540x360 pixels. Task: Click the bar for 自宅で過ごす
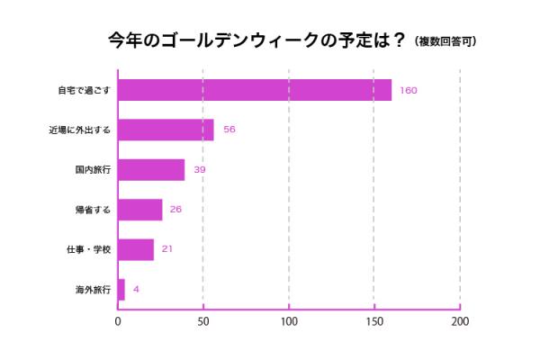click(255, 90)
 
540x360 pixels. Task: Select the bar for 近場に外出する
click(166, 130)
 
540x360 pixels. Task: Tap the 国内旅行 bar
click(151, 169)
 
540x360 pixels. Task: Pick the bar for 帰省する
click(140, 210)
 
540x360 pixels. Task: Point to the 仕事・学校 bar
click(136, 249)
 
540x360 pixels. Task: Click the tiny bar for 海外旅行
click(121, 289)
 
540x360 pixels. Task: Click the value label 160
click(409, 90)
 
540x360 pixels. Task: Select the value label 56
click(229, 130)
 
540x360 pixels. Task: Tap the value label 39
click(200, 169)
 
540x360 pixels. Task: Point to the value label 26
click(176, 210)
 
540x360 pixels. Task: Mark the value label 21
click(167, 249)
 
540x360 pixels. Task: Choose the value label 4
click(136, 289)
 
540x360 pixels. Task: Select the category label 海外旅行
click(93, 289)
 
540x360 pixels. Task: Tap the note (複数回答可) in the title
click(445, 41)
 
